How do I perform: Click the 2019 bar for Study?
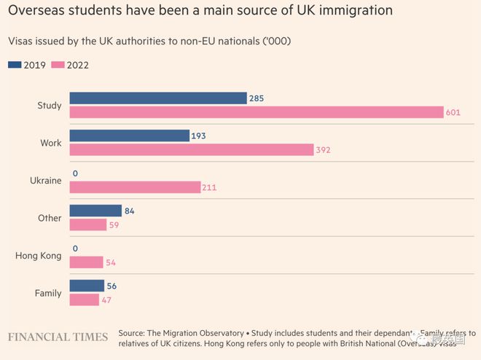(157, 98)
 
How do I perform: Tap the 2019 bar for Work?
(129, 136)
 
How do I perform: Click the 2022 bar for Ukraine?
(135, 187)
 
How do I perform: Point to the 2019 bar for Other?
(95, 211)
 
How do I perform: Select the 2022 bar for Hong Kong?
(86, 262)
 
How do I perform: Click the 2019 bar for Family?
(87, 286)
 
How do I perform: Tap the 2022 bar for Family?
(84, 300)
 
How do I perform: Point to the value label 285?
(257, 98)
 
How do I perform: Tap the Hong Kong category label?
(38, 255)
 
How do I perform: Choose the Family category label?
(48, 293)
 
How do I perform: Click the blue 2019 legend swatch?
(15, 65)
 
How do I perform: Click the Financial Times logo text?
(58, 337)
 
